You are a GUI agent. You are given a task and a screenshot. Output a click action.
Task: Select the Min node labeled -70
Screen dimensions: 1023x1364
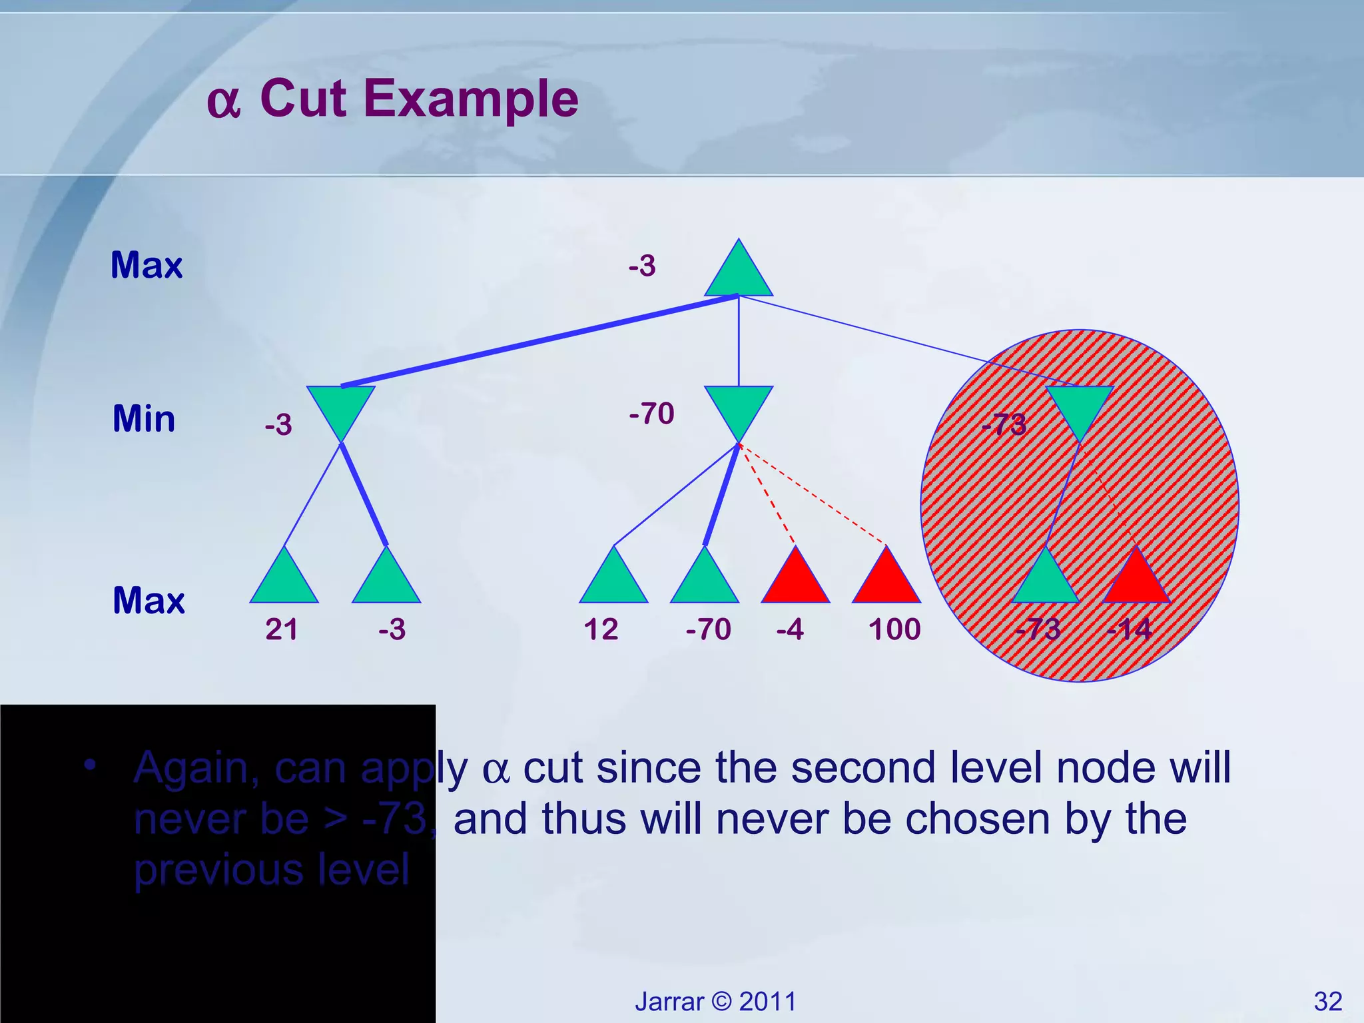(x=739, y=408)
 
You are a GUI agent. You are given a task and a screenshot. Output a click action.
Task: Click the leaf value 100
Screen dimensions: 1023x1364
(x=894, y=629)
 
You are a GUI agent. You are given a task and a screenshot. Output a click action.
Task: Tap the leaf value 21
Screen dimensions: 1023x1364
(x=282, y=629)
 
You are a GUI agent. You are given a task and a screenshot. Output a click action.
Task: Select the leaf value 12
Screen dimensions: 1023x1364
(x=601, y=629)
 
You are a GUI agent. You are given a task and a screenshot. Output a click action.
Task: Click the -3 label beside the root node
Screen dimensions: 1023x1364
(x=642, y=266)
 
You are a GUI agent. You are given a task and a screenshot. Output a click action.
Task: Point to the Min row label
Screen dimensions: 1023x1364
(x=144, y=420)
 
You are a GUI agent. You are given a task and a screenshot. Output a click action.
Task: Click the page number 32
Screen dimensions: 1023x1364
(x=1328, y=1001)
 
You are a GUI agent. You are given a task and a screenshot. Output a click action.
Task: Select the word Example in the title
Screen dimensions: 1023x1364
(x=471, y=99)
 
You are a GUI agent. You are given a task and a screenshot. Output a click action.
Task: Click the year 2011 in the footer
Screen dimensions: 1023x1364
(x=768, y=1002)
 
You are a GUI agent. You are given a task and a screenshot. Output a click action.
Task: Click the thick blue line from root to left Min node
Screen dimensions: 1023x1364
(x=539, y=340)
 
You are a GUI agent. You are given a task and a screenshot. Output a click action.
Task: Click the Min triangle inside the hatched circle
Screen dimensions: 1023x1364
(x=1080, y=408)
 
